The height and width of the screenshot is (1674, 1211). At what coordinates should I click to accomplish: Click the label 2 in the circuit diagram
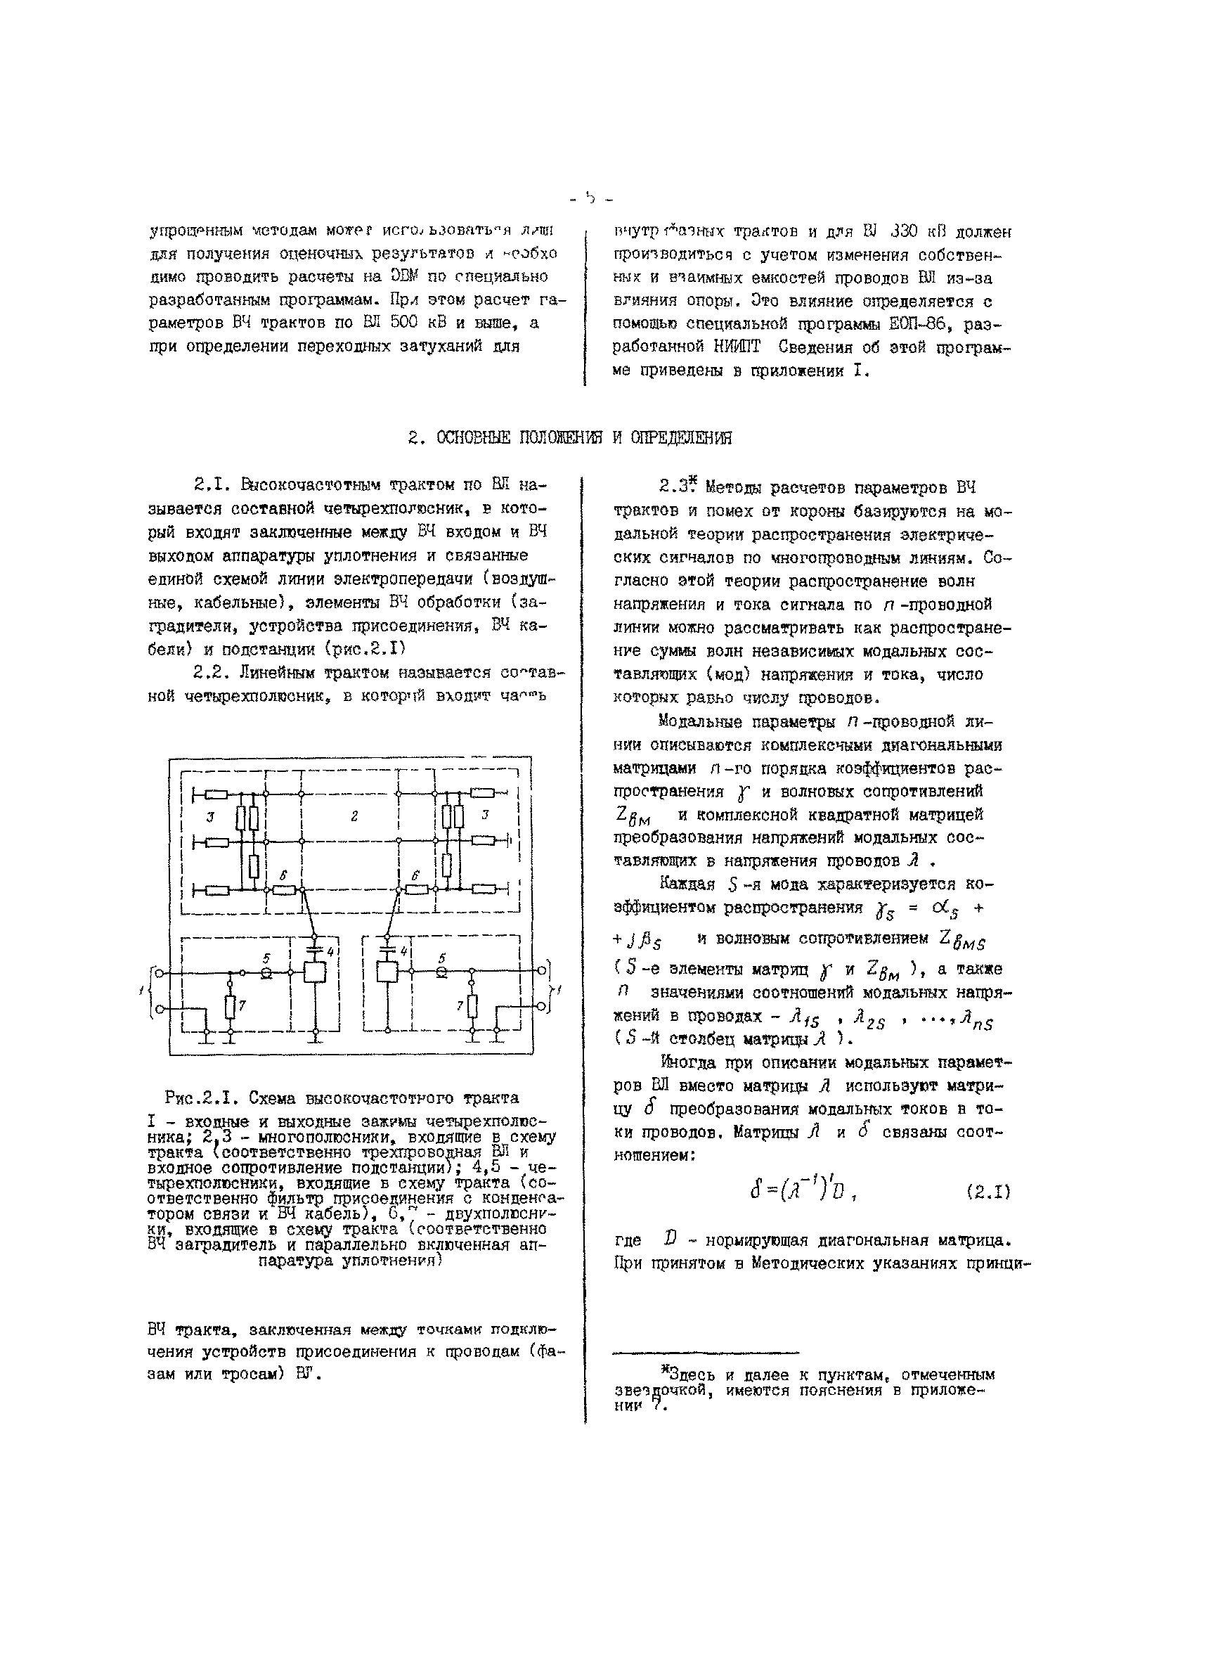coord(354,816)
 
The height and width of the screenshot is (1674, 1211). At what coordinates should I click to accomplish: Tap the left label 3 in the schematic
coord(210,817)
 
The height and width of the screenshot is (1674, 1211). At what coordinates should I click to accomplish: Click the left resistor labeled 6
coord(283,890)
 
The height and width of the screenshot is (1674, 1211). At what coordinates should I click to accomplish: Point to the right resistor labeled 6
coord(417,890)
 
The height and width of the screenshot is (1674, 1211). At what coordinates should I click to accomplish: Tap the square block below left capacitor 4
coord(315,973)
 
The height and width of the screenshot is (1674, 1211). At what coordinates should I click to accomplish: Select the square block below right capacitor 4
coord(387,972)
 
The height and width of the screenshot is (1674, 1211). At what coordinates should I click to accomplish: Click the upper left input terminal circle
coord(159,974)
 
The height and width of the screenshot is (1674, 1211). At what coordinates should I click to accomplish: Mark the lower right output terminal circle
coord(543,1005)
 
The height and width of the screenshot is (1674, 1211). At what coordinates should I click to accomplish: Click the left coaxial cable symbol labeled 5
coord(266,974)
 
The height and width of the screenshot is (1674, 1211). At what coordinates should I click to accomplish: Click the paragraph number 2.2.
coord(209,672)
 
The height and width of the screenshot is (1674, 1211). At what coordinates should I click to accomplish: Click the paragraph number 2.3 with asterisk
coord(677,487)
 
